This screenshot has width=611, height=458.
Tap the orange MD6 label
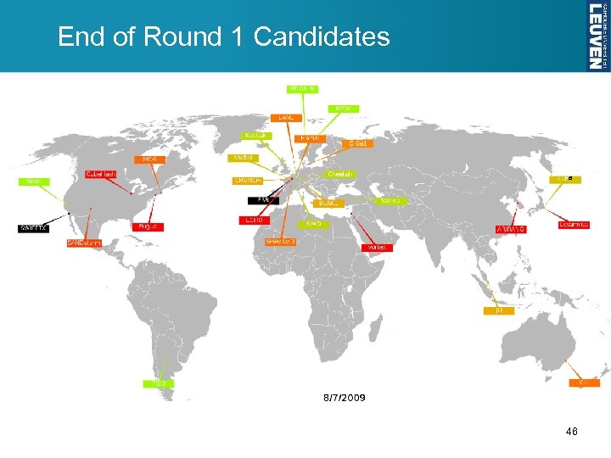pyautogui.click(x=149, y=159)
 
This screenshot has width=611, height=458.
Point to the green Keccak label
pyautogui.click(x=255, y=136)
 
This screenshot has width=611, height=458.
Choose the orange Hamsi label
pyautogui.click(x=310, y=137)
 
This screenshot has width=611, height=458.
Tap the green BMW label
pyautogui.click(x=344, y=109)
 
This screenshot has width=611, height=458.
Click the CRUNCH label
pyautogui.click(x=248, y=181)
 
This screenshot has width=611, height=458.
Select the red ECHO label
pyautogui.click(x=253, y=221)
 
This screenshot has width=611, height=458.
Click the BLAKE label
pyautogui.click(x=328, y=204)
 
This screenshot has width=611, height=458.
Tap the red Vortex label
pyautogui.click(x=378, y=247)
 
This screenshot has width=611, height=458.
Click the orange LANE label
pyautogui.click(x=286, y=118)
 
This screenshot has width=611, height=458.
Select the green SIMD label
pyautogui.click(x=314, y=224)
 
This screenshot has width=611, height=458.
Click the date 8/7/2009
pyautogui.click(x=345, y=398)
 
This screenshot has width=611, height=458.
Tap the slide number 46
pyautogui.click(x=572, y=433)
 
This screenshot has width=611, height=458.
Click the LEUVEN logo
pyautogui.click(x=597, y=35)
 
